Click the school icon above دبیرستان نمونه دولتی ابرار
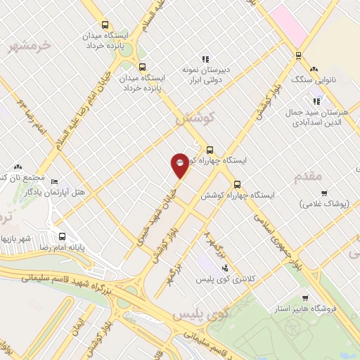click(x=205, y=59)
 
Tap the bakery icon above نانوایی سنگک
click(x=314, y=69)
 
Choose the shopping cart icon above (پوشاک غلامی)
click(x=324, y=193)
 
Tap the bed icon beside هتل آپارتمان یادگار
click(x=55, y=181)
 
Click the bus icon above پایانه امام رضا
click(x=62, y=236)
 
